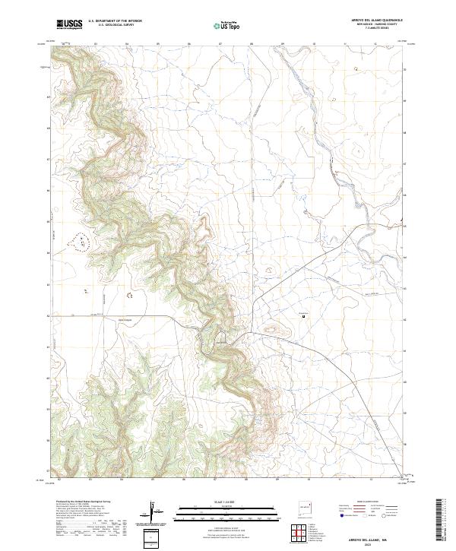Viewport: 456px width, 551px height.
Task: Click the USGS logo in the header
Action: (70, 24)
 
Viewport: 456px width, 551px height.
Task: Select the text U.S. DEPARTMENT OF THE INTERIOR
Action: (115, 21)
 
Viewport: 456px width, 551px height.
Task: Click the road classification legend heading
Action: (368, 502)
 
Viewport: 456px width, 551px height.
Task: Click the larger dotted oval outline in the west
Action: (79, 242)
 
